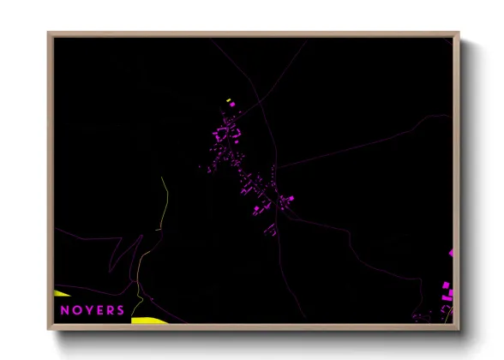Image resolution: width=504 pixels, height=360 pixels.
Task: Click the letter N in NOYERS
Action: [x=64, y=310]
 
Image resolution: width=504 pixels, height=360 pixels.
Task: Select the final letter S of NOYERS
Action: [x=121, y=310]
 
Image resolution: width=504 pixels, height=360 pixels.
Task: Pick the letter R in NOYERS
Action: [x=111, y=310]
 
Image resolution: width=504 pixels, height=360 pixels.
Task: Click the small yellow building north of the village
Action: [x=228, y=100]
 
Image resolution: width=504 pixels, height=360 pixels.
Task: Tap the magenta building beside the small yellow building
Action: [x=231, y=105]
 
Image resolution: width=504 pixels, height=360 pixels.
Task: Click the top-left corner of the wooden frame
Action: [x=49, y=33]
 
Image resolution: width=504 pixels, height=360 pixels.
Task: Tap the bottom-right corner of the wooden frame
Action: [x=458, y=328]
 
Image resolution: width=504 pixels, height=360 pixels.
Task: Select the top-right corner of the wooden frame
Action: [x=458, y=33]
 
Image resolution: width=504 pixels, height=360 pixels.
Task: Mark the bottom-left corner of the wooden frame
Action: [x=49, y=328]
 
